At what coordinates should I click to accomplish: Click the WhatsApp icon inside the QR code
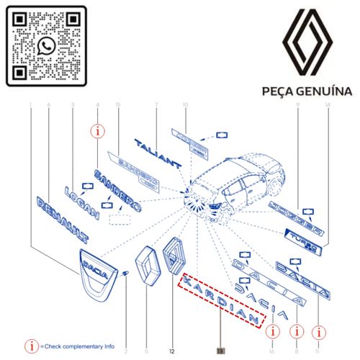47,46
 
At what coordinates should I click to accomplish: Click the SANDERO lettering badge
116,189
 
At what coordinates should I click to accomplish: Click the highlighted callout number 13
220,351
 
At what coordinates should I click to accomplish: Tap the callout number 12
172,351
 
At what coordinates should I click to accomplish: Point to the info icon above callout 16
271,331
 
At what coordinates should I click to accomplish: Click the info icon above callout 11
318,331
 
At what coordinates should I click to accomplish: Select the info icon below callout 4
97,131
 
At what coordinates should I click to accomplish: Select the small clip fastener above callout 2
125,272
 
